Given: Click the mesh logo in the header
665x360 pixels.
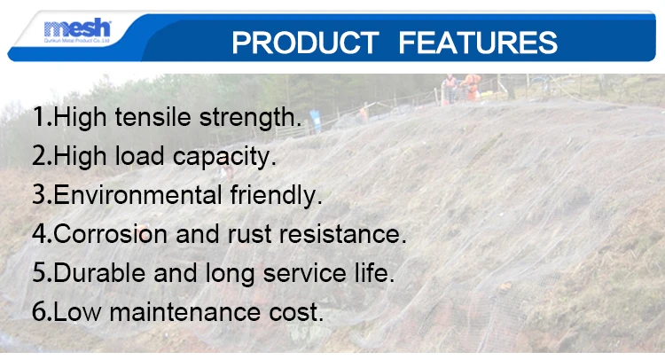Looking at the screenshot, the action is point(77,30).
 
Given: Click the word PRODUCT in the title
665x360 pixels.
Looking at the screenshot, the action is point(305,43).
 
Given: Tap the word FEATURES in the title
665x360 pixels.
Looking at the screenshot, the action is point(478,43).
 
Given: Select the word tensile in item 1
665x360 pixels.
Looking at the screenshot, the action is point(153,117).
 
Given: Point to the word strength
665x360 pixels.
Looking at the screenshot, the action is point(250,118).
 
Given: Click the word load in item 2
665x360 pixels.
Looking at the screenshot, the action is point(139,156).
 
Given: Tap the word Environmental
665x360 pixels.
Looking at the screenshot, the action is point(137,194).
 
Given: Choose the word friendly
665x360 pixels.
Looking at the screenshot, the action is point(276,196).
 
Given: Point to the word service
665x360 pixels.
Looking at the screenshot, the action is point(304,273).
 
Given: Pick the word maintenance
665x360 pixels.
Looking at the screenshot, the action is point(185,311).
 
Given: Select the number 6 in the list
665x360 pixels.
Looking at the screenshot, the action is point(39,311).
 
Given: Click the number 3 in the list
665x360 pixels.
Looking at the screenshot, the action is point(39,194).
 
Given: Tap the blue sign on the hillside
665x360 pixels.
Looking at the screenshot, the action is point(315,121).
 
